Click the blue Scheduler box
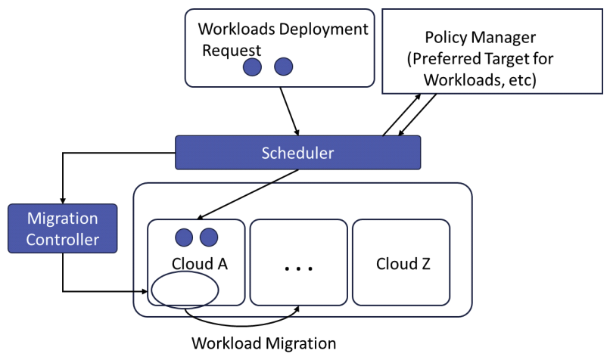pos(297,152)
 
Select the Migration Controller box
pos(62,230)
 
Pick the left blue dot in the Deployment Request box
pos(252,67)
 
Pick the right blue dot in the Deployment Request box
pos(283,67)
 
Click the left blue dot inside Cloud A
pos(184,237)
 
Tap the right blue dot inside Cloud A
pos(209,237)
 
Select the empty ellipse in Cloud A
pos(185,289)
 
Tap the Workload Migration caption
pos(263,343)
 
